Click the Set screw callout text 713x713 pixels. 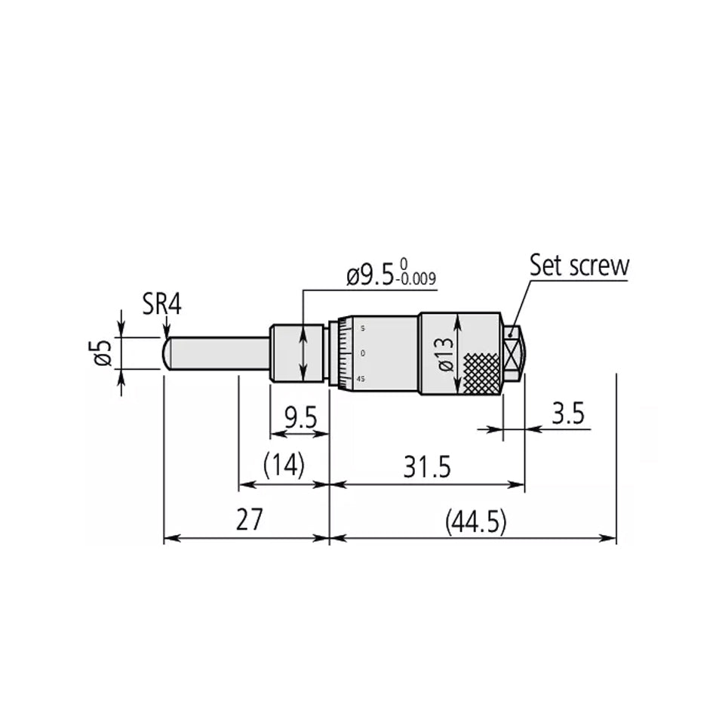(x=578, y=265)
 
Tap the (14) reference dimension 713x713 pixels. (x=283, y=466)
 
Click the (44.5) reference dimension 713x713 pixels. (x=475, y=521)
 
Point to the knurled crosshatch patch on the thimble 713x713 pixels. (x=481, y=373)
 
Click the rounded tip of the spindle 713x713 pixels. (x=167, y=352)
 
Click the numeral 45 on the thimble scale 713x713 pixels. (x=361, y=379)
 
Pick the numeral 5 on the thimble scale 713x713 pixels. (x=362, y=328)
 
